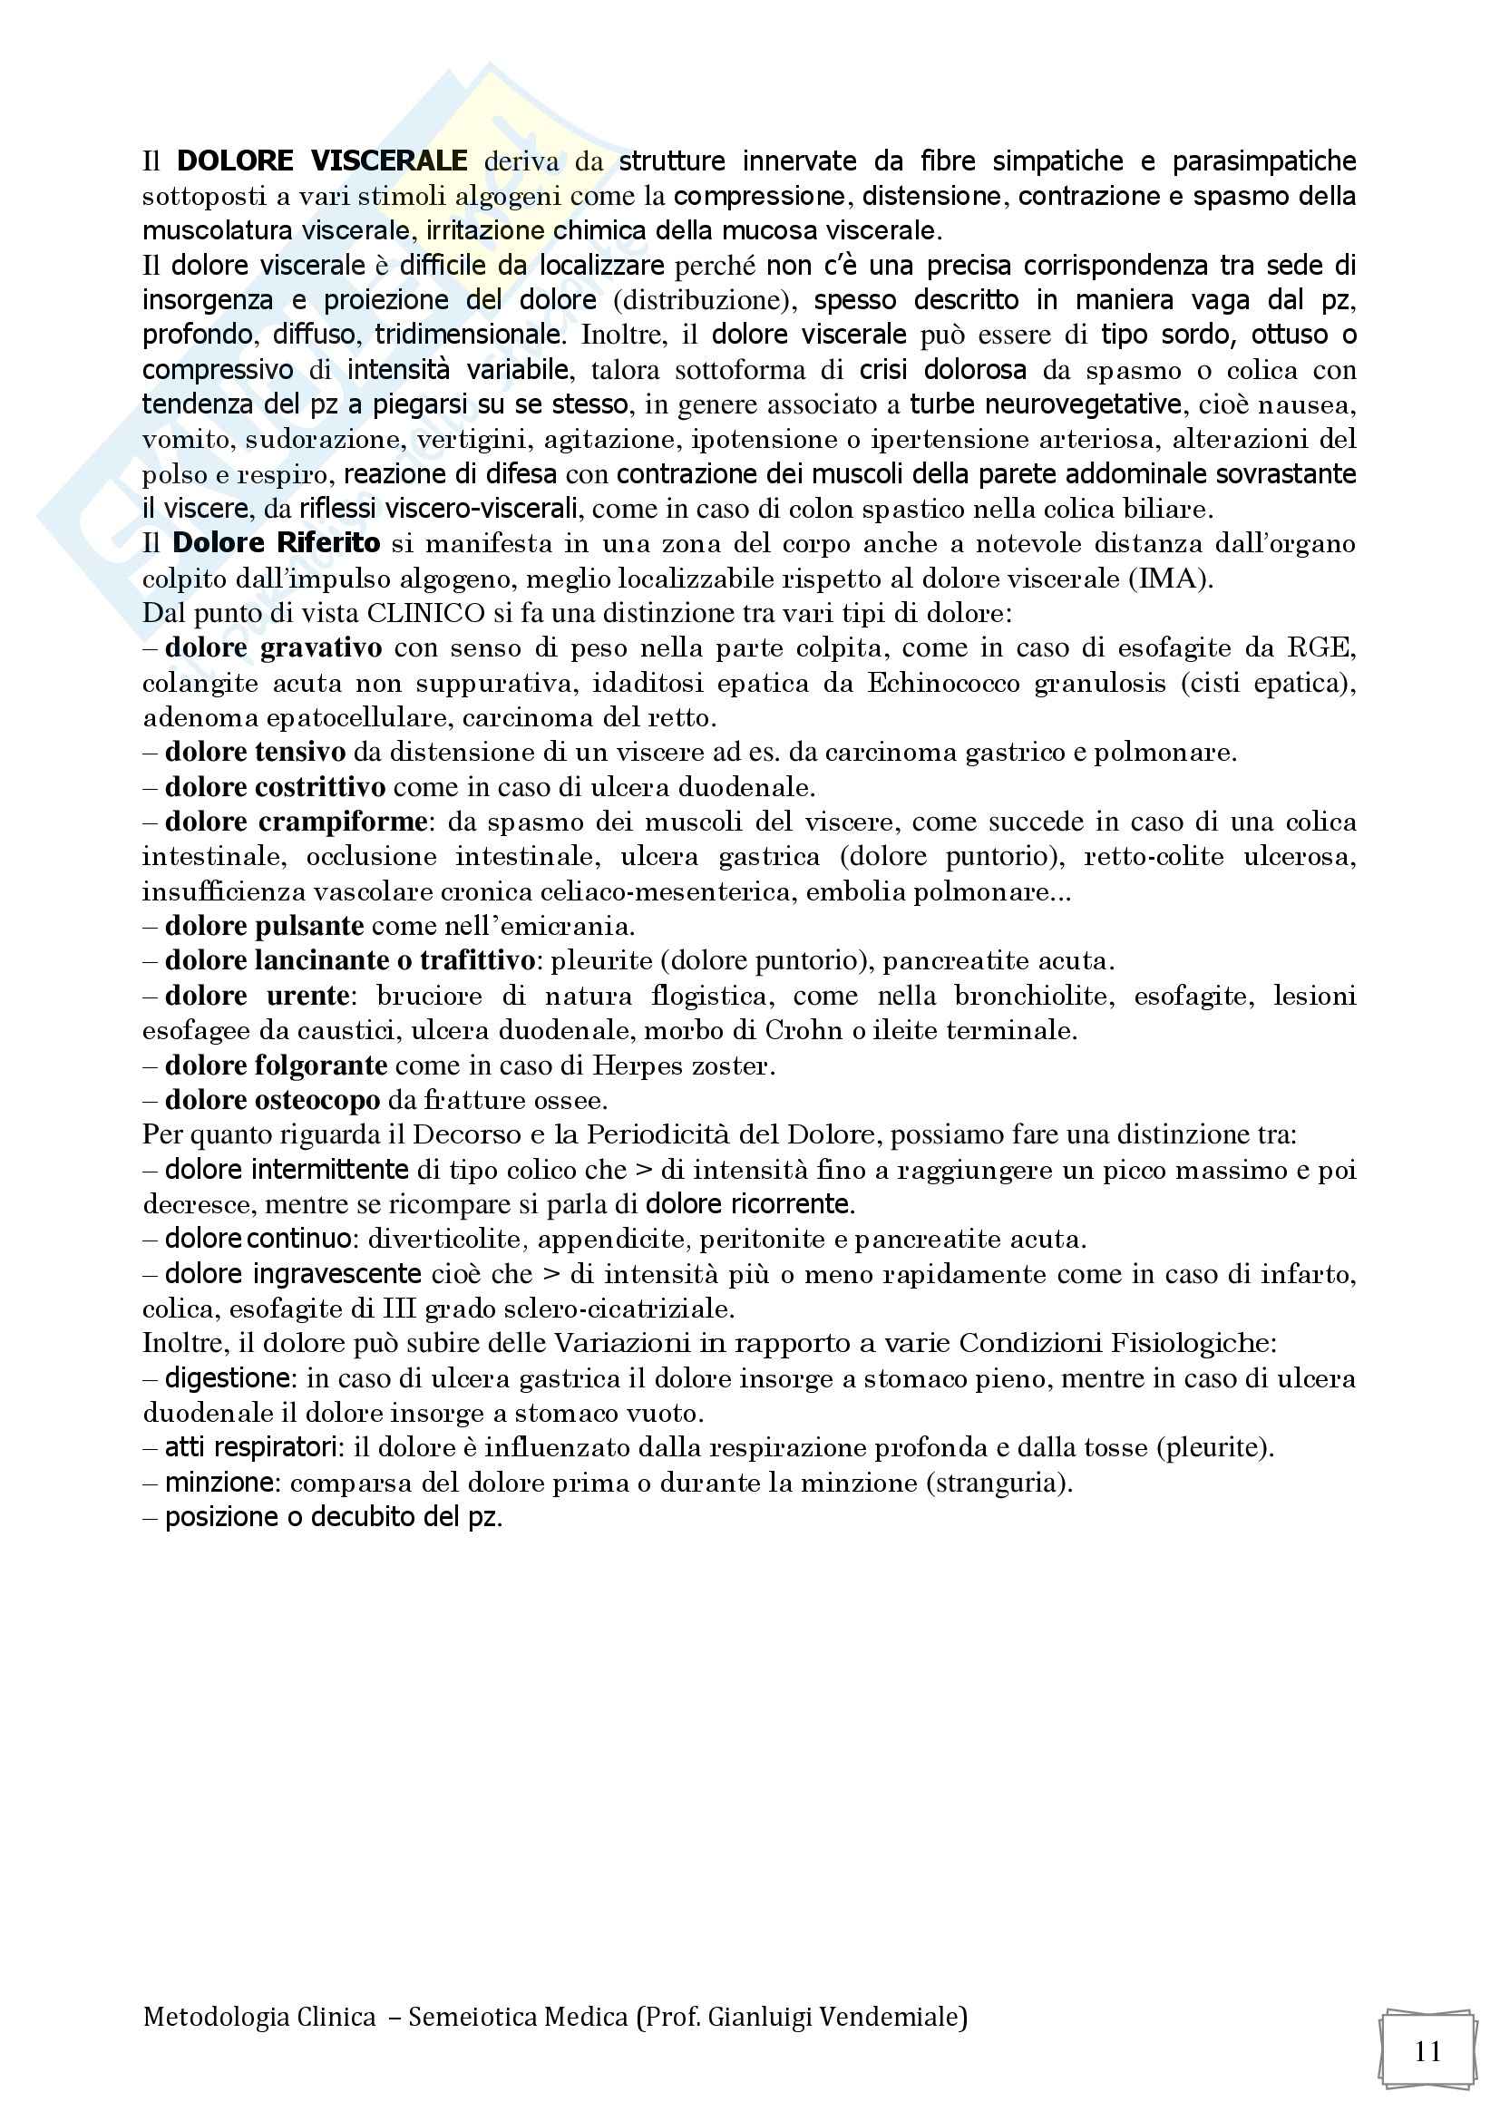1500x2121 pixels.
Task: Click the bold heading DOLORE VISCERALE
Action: [x=322, y=161]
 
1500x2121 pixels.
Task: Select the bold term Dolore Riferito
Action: [x=276, y=543]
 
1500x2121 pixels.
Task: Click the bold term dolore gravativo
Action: [x=273, y=647]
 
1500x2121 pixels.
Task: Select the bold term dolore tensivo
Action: [x=255, y=752]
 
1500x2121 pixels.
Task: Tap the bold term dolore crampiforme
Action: [x=296, y=822]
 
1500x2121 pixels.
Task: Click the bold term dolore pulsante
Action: [x=258, y=926]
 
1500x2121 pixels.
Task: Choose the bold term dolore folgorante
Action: [x=276, y=1065]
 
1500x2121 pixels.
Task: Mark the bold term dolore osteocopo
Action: [x=272, y=1100]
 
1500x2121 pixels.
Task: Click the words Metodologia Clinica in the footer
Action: [x=259, y=2018]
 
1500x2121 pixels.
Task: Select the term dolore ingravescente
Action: [x=293, y=1274]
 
